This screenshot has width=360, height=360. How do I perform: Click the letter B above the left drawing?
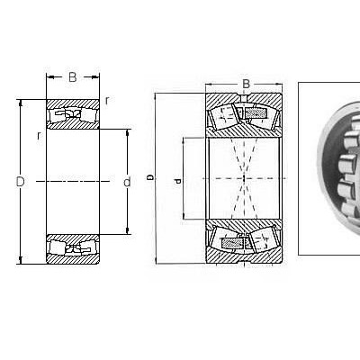tap(73, 77)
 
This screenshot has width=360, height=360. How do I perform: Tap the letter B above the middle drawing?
tap(246, 84)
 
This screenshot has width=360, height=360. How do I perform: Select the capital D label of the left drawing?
tap(20, 182)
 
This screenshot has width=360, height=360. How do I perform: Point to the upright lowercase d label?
tap(127, 182)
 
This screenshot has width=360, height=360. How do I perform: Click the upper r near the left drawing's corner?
tap(107, 101)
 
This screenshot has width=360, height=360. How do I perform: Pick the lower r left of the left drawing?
tap(39, 136)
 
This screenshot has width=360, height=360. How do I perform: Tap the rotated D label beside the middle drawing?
tap(150, 178)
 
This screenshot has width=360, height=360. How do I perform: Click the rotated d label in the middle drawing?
tap(178, 181)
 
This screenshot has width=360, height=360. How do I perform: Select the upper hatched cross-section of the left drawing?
tap(73, 114)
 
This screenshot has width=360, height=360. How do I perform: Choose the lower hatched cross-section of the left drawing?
tap(73, 249)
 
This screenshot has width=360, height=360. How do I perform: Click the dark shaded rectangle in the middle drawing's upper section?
tap(256, 113)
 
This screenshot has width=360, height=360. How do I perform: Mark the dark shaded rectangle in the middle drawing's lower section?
tap(232, 242)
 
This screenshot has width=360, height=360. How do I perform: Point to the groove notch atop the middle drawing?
tap(244, 98)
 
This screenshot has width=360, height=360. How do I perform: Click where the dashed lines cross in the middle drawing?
tap(244, 178)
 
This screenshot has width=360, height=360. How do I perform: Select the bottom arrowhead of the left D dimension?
tap(21, 260)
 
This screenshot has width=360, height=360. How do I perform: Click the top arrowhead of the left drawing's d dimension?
tap(128, 133)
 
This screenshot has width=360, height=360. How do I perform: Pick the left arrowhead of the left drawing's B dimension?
tap(50, 77)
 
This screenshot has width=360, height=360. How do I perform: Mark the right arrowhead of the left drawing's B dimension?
tap(95, 77)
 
